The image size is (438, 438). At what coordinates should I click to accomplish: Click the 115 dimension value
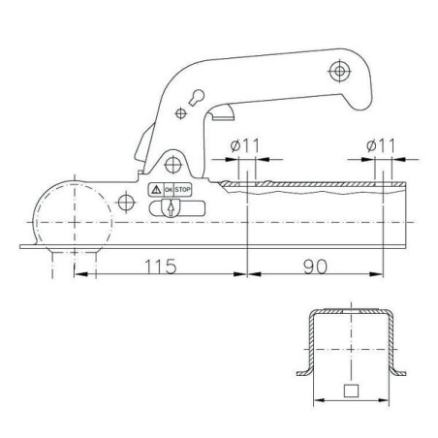[161, 266]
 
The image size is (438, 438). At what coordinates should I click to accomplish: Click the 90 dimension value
[315, 266]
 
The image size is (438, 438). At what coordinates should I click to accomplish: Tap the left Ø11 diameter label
[245, 145]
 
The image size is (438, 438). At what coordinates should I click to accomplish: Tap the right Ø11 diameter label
[381, 145]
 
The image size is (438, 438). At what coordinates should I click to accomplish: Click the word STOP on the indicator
[182, 190]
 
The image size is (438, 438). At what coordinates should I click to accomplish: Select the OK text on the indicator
[169, 190]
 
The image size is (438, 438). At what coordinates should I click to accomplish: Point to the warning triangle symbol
[156, 190]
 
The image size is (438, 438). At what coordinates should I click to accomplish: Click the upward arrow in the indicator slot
[171, 208]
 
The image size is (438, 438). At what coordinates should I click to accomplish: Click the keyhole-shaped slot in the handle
[196, 98]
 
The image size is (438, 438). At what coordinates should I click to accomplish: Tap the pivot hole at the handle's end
[339, 71]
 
